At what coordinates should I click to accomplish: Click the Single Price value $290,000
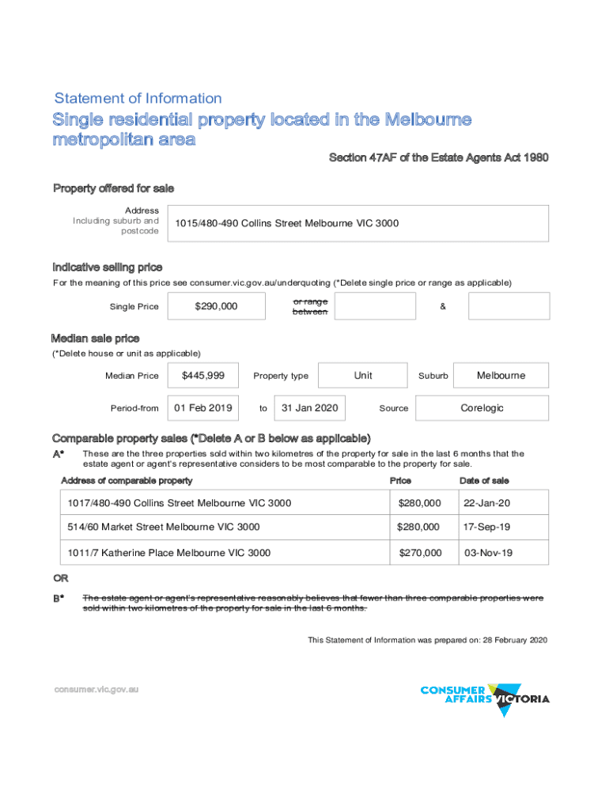[216, 306]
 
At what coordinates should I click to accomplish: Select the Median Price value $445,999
[203, 376]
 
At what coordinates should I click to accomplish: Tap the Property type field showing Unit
[363, 376]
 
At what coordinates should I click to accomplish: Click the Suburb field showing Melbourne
[501, 376]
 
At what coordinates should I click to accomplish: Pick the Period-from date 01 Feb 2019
[203, 408]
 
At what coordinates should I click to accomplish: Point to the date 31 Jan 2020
[310, 408]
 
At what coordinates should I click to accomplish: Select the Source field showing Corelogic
[482, 408]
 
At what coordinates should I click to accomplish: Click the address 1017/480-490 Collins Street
[180, 503]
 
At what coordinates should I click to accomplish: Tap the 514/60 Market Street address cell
[165, 527]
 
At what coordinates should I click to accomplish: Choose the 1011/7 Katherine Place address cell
[169, 553]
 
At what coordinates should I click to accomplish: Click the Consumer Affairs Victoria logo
[484, 698]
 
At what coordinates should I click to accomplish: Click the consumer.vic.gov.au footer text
[96, 690]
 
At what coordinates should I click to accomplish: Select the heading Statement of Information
[138, 99]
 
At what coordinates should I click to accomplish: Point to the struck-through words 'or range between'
[310, 307]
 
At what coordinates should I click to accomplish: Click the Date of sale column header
[484, 480]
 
